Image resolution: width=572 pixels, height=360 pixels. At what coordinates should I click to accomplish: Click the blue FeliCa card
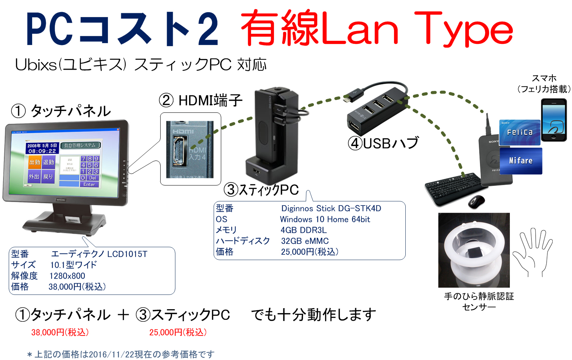point(520,132)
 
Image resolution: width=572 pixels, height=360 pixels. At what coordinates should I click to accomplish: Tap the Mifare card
point(521,161)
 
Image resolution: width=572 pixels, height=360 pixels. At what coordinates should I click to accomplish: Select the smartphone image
point(553,120)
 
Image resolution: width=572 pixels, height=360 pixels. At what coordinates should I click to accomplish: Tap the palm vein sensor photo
point(474,250)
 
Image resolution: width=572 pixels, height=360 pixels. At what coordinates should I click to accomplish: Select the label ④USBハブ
point(383,143)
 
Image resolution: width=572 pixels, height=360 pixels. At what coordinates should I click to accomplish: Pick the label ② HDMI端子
point(201,101)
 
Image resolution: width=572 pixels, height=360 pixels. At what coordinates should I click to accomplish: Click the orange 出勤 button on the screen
point(34,162)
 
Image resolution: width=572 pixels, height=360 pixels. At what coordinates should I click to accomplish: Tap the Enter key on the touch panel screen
point(89,184)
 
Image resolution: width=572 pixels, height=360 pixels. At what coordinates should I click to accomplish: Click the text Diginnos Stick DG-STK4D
point(331,209)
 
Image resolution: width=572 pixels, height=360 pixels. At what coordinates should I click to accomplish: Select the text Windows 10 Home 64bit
point(325,220)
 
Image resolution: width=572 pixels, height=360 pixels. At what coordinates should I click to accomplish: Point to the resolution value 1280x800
point(67,276)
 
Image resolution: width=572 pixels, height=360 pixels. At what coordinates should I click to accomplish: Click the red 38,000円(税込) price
point(60,332)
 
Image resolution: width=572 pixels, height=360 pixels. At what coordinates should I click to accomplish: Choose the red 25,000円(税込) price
point(178,332)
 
